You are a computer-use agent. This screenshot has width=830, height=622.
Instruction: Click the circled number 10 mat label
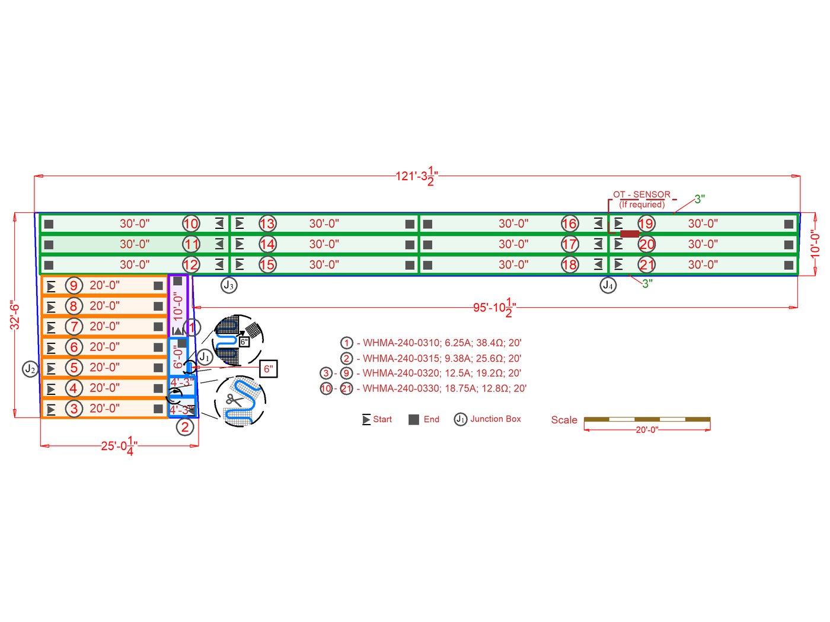coord(191,224)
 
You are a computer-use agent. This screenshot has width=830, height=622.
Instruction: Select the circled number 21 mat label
coord(647,264)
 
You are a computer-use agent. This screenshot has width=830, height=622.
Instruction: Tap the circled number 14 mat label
coord(267,244)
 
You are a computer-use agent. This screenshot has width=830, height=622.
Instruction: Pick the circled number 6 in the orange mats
coord(74,347)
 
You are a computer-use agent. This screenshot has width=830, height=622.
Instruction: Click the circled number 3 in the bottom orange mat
coord(74,409)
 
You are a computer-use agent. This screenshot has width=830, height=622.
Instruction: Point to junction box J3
coord(229,285)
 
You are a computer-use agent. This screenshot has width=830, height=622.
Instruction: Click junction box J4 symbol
coord(608,285)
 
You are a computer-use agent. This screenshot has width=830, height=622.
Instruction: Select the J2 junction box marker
coord(30,369)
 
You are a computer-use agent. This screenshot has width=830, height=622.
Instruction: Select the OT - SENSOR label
coord(641,194)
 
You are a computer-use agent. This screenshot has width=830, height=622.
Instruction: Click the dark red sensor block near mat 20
coord(630,234)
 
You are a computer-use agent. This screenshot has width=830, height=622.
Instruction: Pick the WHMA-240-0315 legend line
coord(442,358)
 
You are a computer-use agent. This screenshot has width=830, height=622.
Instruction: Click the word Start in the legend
coord(382,419)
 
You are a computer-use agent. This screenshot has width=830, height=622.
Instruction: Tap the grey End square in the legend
coord(414,419)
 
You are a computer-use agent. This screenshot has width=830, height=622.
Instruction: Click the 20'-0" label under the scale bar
coord(647,430)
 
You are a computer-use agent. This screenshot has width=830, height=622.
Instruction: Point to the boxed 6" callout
coord(269,369)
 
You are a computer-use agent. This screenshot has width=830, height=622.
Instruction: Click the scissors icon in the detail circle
coord(234,400)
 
